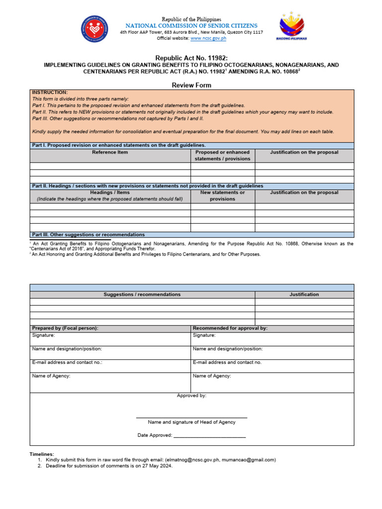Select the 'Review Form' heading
click(191, 85)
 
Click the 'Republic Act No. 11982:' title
click(191, 58)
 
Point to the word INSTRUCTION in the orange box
click(50, 92)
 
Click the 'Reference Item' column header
click(110, 152)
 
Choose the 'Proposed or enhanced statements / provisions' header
click(222, 155)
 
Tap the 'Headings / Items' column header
click(110, 192)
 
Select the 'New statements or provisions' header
click(222, 195)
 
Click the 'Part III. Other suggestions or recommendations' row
click(89, 235)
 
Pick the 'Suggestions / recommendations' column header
click(142, 295)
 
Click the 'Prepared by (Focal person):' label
click(65, 328)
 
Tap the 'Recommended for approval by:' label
click(230, 328)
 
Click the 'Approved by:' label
click(191, 396)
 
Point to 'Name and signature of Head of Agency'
click(191, 422)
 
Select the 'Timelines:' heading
click(42, 454)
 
